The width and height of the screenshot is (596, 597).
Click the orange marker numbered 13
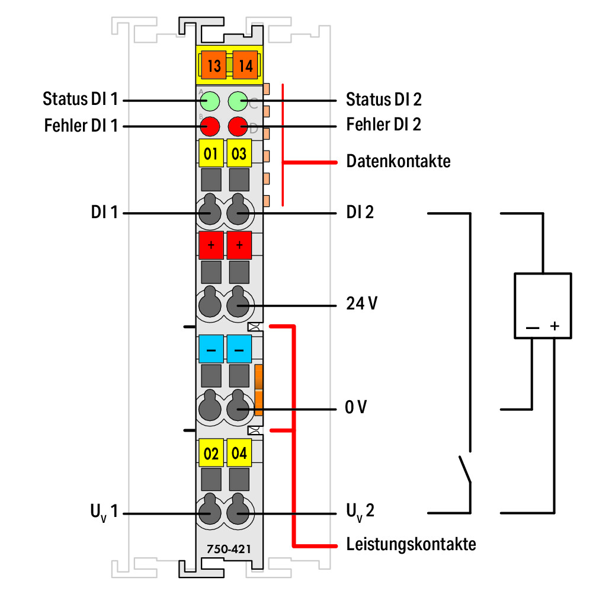coord(213,65)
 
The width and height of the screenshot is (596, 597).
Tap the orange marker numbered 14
coord(245,65)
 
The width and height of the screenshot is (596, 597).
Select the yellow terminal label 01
coord(211,153)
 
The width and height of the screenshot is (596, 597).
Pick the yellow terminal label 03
coord(239,153)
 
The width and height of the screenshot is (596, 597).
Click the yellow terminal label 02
coord(211,453)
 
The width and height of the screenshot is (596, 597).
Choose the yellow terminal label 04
coord(239,453)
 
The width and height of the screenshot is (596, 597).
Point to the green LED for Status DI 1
coord(210,101)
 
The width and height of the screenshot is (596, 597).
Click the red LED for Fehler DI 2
coord(238,126)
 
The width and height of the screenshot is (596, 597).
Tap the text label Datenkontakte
coord(398,161)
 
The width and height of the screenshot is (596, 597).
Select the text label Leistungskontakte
coord(411,544)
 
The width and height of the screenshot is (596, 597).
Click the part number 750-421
coord(229,549)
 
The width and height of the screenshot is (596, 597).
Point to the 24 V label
coord(361,304)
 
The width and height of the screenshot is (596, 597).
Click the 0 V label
coord(356,407)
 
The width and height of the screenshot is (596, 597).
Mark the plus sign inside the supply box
coord(555,326)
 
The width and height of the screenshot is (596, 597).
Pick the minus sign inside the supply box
coord(533,328)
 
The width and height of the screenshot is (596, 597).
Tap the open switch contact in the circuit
coord(465,469)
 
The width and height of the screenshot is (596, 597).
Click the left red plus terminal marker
coord(211,245)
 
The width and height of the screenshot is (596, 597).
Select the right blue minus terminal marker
coord(239,349)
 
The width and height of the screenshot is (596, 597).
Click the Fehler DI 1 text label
coord(81,126)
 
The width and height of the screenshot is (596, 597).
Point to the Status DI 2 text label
coord(384,100)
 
